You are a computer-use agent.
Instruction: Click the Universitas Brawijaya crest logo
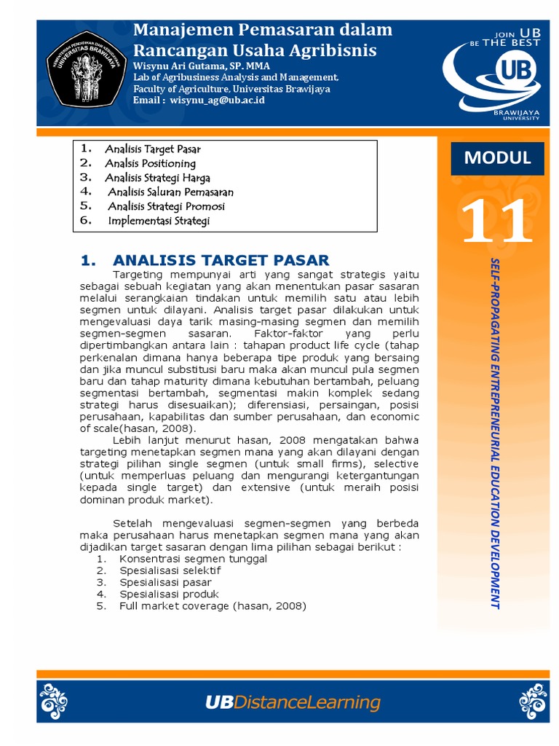click(x=84, y=71)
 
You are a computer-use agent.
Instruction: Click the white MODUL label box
click(x=498, y=157)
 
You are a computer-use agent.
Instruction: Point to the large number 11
click(x=497, y=221)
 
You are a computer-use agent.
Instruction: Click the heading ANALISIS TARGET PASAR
click(x=221, y=260)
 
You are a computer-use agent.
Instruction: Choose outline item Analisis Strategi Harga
click(x=157, y=178)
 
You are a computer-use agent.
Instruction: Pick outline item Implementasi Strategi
click(x=158, y=221)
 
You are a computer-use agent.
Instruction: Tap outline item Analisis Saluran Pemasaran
click(x=170, y=192)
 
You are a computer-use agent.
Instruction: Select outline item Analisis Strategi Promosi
click(x=166, y=206)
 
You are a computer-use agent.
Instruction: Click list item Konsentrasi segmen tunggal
click(x=193, y=559)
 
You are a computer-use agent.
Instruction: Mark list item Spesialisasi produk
click(x=169, y=594)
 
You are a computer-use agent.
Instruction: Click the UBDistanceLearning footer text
click(x=293, y=702)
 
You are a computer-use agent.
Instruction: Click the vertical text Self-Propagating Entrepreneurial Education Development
click(x=495, y=433)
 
